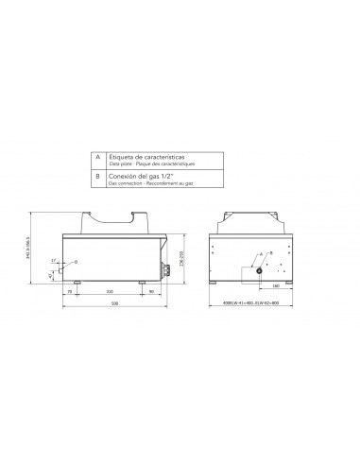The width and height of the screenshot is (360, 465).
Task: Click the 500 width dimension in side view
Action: click(114, 301)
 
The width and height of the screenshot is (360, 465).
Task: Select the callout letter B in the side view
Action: click(77, 261)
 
